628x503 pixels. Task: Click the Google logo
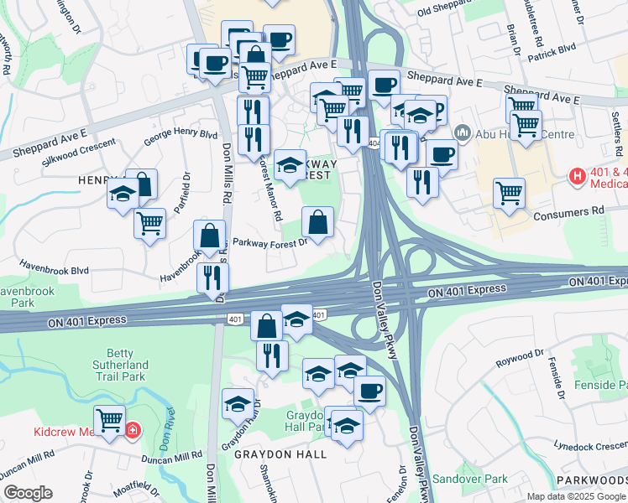click(x=28, y=493)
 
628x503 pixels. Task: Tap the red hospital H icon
click(x=578, y=177)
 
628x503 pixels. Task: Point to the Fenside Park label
click(x=601, y=386)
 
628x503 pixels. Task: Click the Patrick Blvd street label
click(x=551, y=52)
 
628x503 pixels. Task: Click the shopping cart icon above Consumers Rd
click(x=510, y=193)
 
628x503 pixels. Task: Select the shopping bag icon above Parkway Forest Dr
click(x=317, y=223)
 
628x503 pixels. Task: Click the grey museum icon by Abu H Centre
click(x=462, y=133)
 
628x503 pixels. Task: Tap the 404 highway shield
click(x=374, y=143)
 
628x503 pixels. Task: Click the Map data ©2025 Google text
click(x=575, y=496)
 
